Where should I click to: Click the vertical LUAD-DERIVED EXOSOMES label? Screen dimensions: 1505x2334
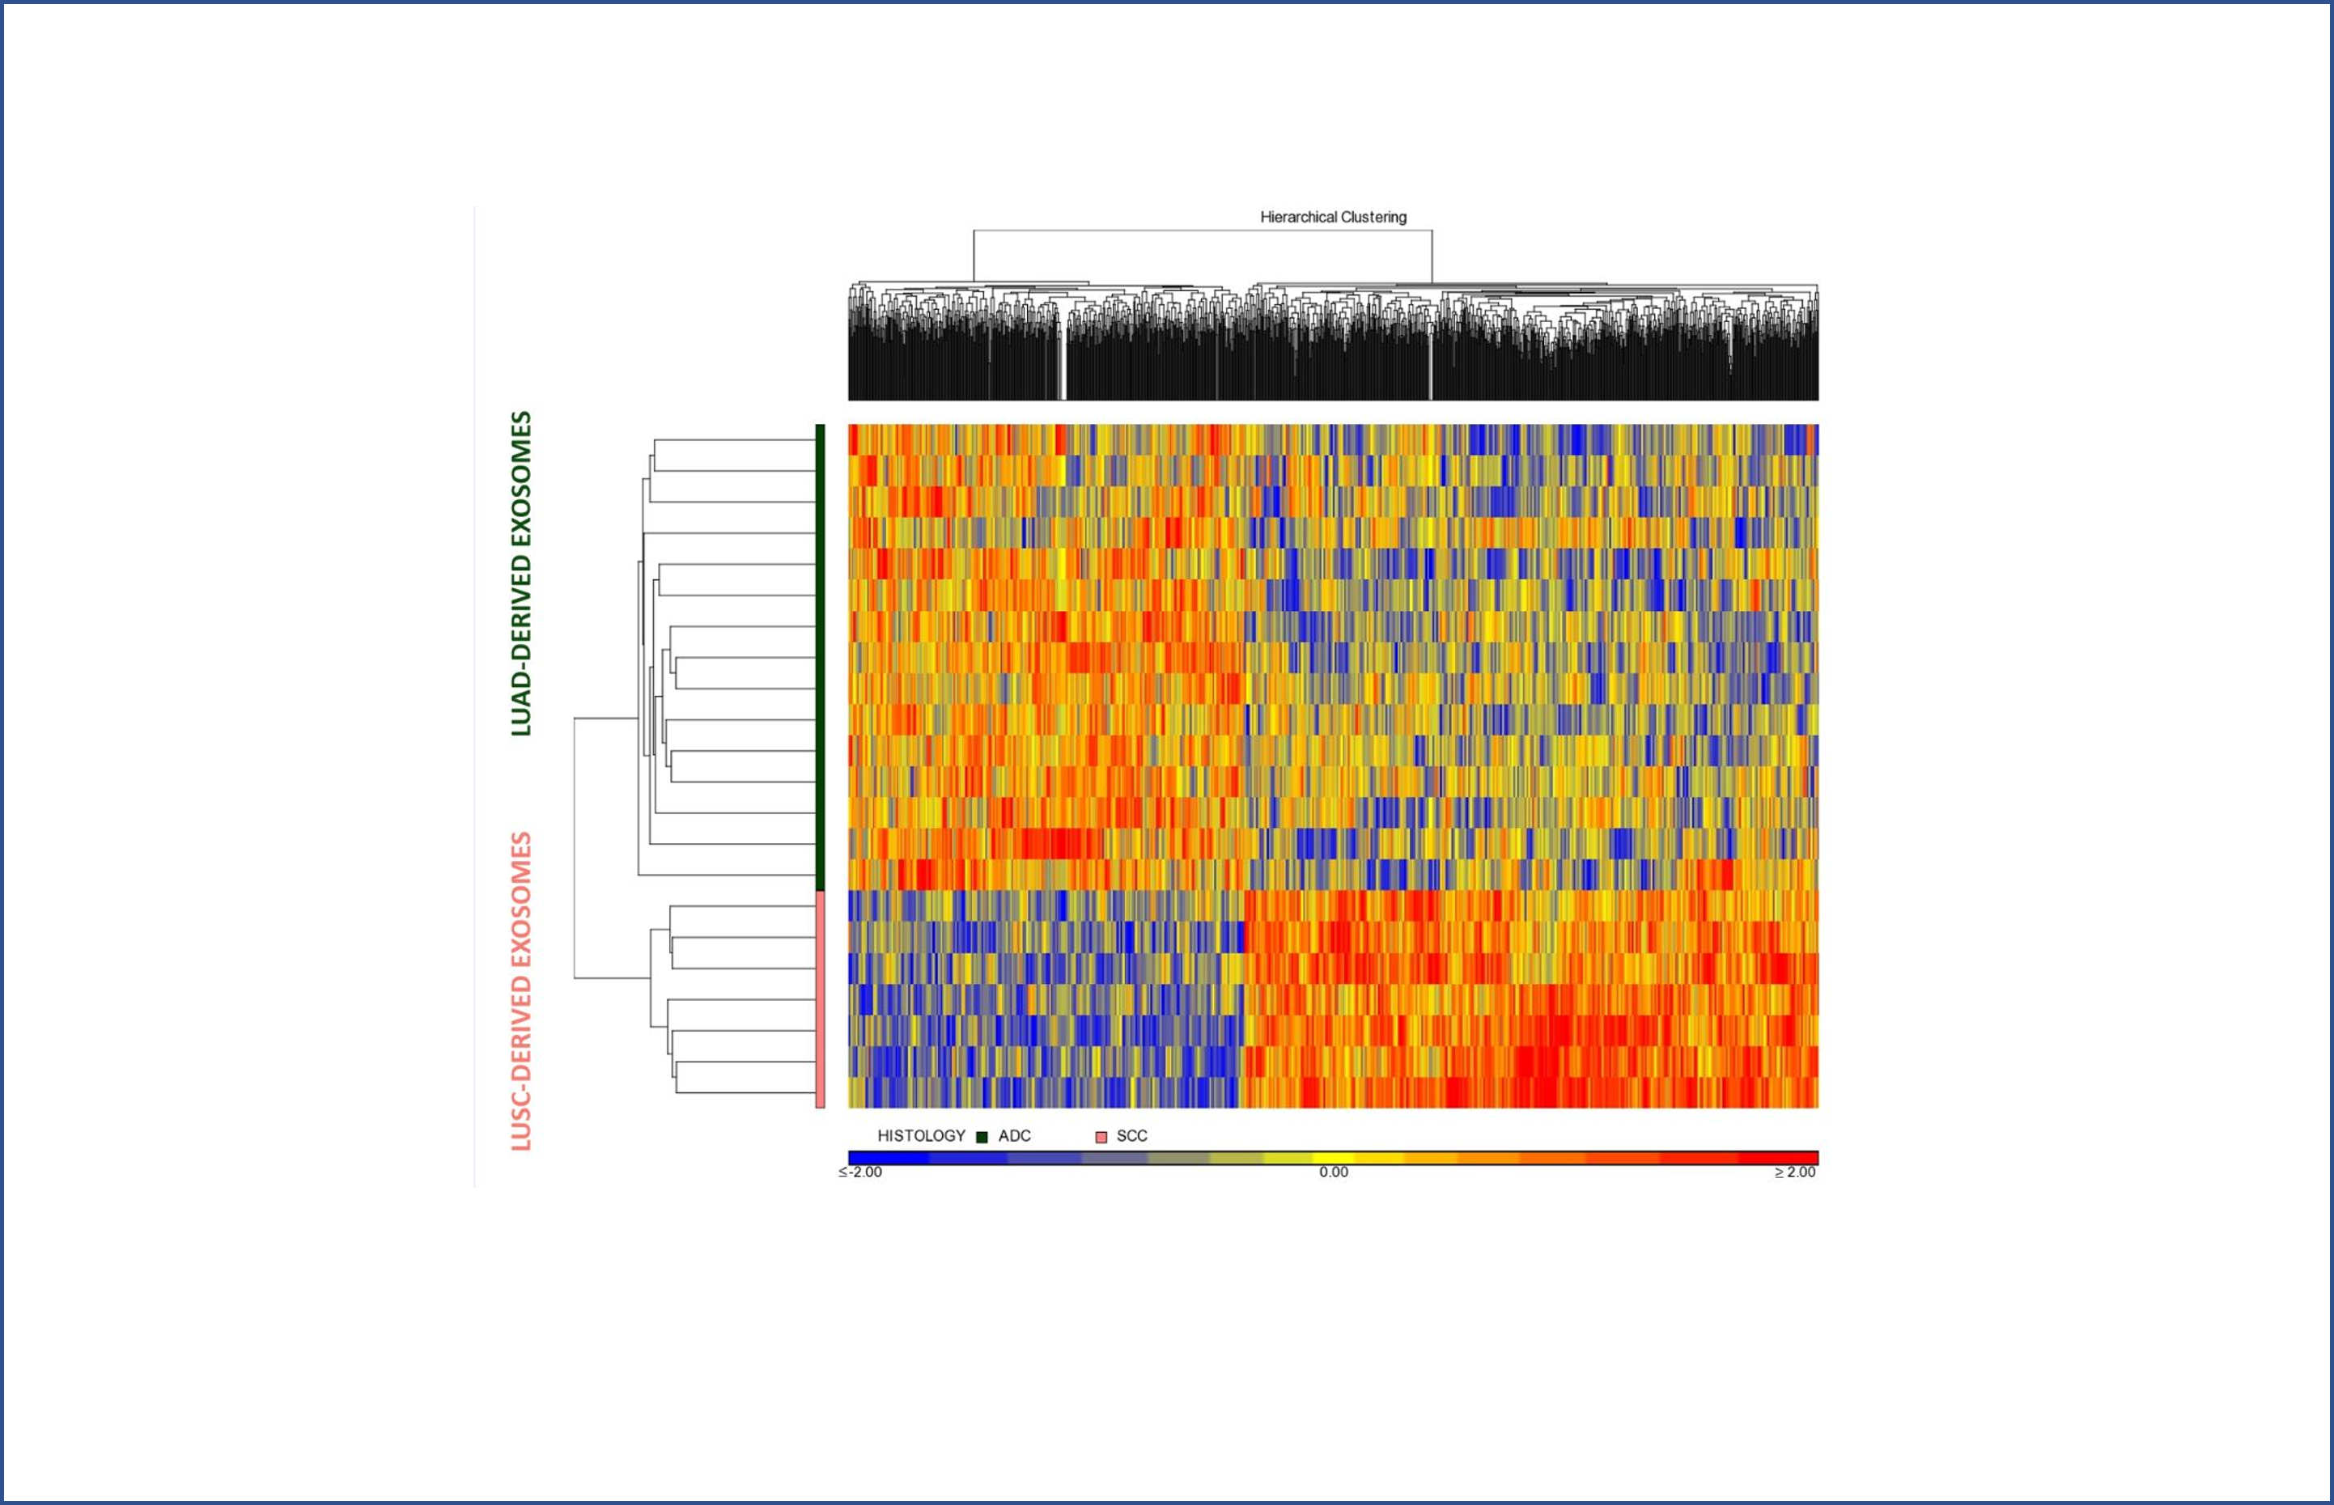522,573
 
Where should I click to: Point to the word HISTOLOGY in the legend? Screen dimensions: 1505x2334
921,1135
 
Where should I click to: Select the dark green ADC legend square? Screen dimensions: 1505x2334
982,1137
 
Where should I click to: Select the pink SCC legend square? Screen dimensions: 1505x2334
1101,1137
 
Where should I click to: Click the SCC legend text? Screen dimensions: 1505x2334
1132,1135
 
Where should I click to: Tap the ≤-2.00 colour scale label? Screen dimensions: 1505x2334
860,1172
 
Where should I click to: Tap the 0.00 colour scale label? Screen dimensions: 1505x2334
1333,1172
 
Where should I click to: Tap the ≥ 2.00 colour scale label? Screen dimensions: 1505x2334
1796,1172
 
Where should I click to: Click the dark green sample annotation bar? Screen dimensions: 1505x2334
820,657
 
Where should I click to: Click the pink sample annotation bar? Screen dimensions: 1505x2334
820,998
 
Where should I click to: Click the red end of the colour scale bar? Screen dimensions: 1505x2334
1798,1158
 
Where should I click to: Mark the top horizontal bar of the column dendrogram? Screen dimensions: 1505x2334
1202,231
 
